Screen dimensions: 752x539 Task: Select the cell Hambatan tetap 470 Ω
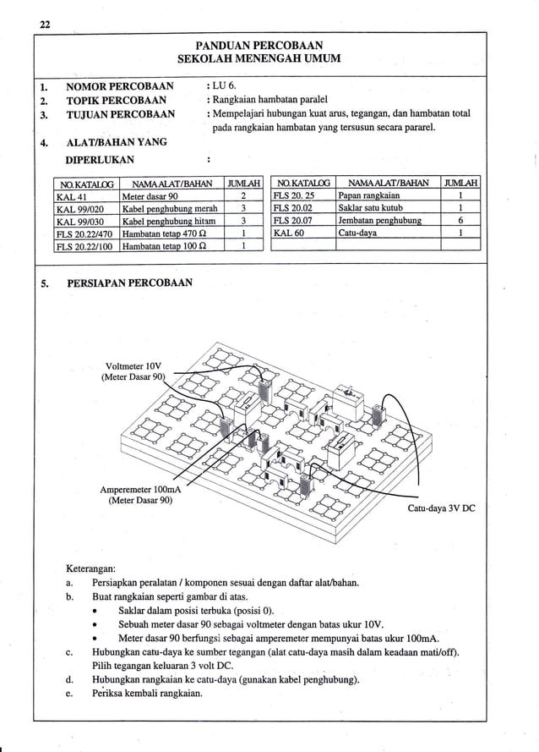pyautogui.click(x=161, y=233)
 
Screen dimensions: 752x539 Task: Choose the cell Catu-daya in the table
pyautogui.click(x=357, y=233)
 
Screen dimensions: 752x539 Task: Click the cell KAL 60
pyautogui.click(x=288, y=233)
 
